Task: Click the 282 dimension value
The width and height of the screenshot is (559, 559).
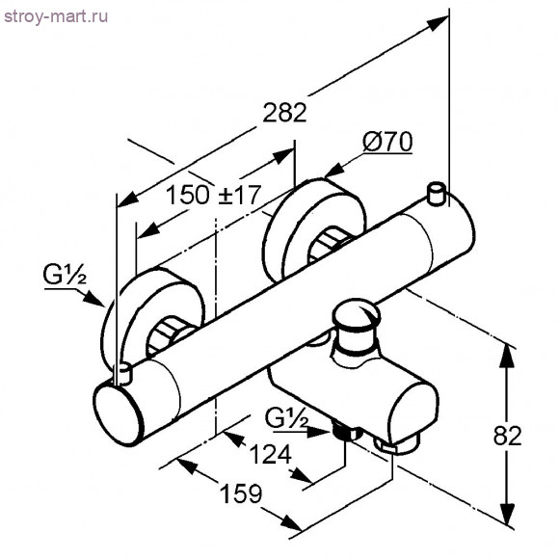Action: coord(284,113)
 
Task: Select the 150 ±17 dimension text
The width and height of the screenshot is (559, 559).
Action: coord(214,195)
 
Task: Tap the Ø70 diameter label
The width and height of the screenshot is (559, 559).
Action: coord(387,142)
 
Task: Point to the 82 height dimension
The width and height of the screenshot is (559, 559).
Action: coord(507,436)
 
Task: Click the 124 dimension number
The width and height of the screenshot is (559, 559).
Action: coord(270,454)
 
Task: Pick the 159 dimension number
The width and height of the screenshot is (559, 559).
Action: coord(241,493)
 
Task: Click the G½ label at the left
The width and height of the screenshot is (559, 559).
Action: coord(65,276)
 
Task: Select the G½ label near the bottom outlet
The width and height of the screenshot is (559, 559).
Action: coord(286,418)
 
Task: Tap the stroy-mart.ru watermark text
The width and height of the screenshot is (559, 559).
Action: coord(56,16)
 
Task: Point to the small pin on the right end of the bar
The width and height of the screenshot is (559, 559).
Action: coord(437,195)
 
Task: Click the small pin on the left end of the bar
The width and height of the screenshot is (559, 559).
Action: coord(122,374)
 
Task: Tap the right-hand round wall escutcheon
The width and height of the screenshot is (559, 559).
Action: coord(314,228)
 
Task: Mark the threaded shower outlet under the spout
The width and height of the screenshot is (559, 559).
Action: coord(343,431)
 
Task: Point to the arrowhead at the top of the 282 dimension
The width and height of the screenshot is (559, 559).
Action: coord(438,23)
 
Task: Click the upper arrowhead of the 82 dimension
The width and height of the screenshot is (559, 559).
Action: coord(507,357)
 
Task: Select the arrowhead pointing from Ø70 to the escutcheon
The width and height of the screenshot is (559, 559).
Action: coord(335,171)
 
